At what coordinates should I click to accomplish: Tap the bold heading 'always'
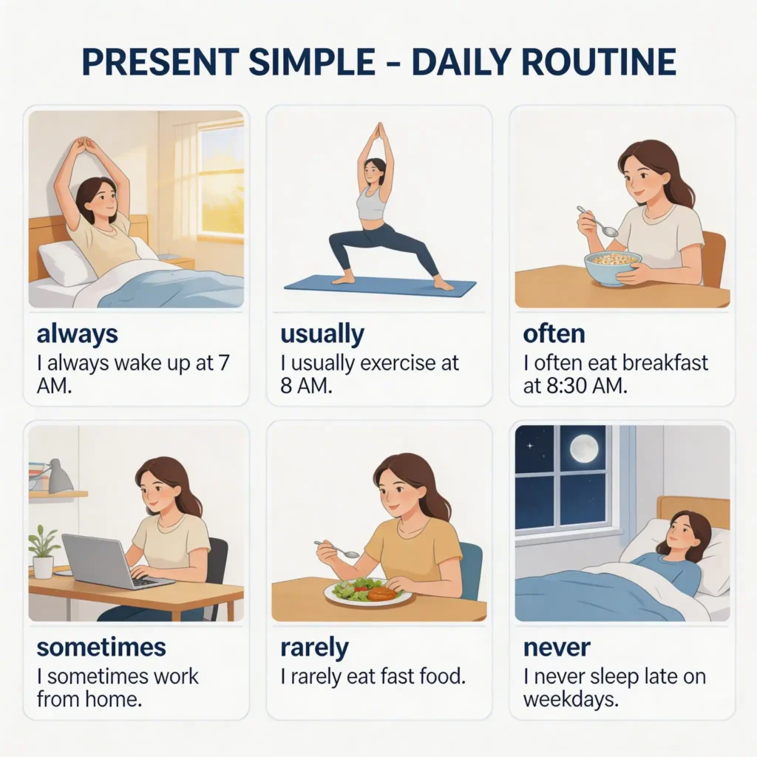[77, 334]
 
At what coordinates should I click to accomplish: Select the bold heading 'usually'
[322, 334]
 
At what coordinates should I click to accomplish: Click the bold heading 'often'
[554, 333]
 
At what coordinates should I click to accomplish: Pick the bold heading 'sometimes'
[101, 648]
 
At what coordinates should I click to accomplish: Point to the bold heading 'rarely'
[314, 648]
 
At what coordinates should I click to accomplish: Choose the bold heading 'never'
[557, 648]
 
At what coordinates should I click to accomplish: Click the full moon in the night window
[584, 448]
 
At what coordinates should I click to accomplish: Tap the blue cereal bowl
[613, 268]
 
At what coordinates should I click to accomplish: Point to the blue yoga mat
[380, 286]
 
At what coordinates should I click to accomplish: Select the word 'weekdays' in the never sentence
[570, 699]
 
